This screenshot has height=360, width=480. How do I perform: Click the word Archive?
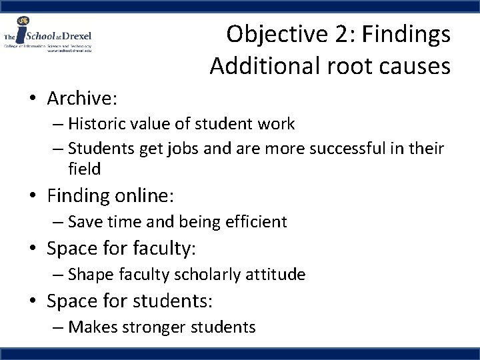[x=81, y=99]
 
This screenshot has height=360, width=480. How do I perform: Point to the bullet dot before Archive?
[x=33, y=99]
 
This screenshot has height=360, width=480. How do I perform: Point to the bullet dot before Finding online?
[x=33, y=196]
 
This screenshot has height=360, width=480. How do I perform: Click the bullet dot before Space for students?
[x=33, y=301]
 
